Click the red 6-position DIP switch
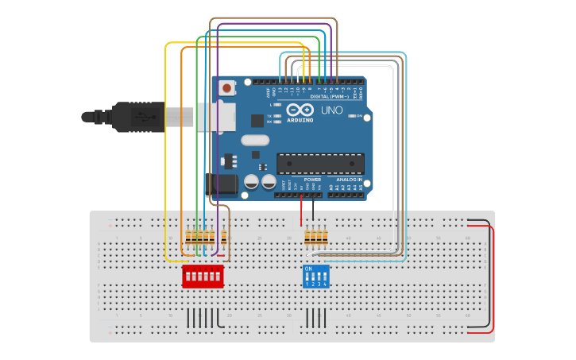203,277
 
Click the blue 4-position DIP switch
315,277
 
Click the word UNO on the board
332,110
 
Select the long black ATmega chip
319,164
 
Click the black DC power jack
222,185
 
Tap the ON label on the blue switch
308,269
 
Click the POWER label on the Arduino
311,180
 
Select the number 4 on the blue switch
325,284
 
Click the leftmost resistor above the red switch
188,236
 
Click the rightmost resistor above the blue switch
326,236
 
